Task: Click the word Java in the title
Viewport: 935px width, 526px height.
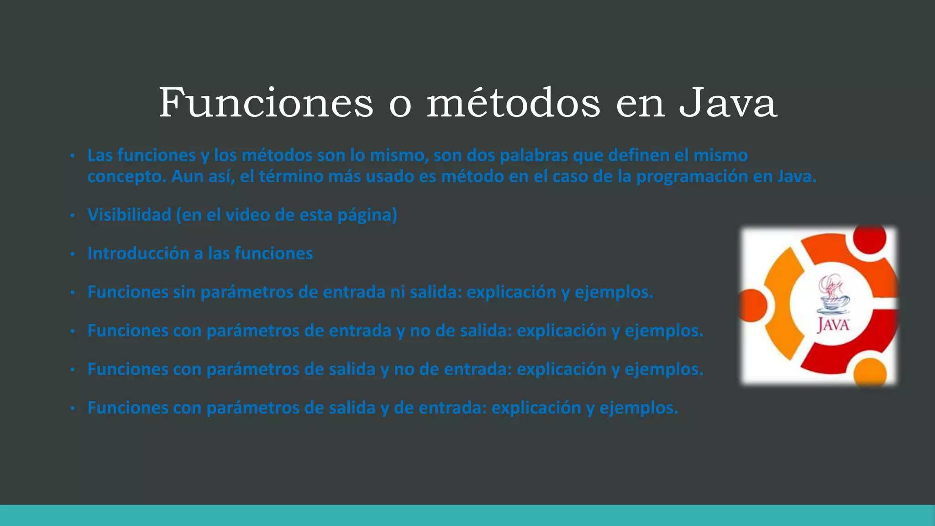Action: tap(728, 103)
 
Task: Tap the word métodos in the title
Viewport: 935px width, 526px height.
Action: tap(513, 103)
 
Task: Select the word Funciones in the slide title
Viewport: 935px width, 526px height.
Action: tap(266, 103)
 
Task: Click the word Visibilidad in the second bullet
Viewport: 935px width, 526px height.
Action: tap(129, 215)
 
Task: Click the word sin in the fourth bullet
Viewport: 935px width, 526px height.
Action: tap(184, 292)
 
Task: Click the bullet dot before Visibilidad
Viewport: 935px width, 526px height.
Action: tap(72, 215)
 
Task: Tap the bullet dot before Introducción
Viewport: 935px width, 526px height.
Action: tap(72, 254)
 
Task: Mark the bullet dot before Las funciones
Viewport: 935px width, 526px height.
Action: tap(72, 156)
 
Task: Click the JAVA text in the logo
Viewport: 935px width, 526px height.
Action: tap(833, 325)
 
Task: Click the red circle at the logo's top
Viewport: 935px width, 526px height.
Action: tap(869, 238)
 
